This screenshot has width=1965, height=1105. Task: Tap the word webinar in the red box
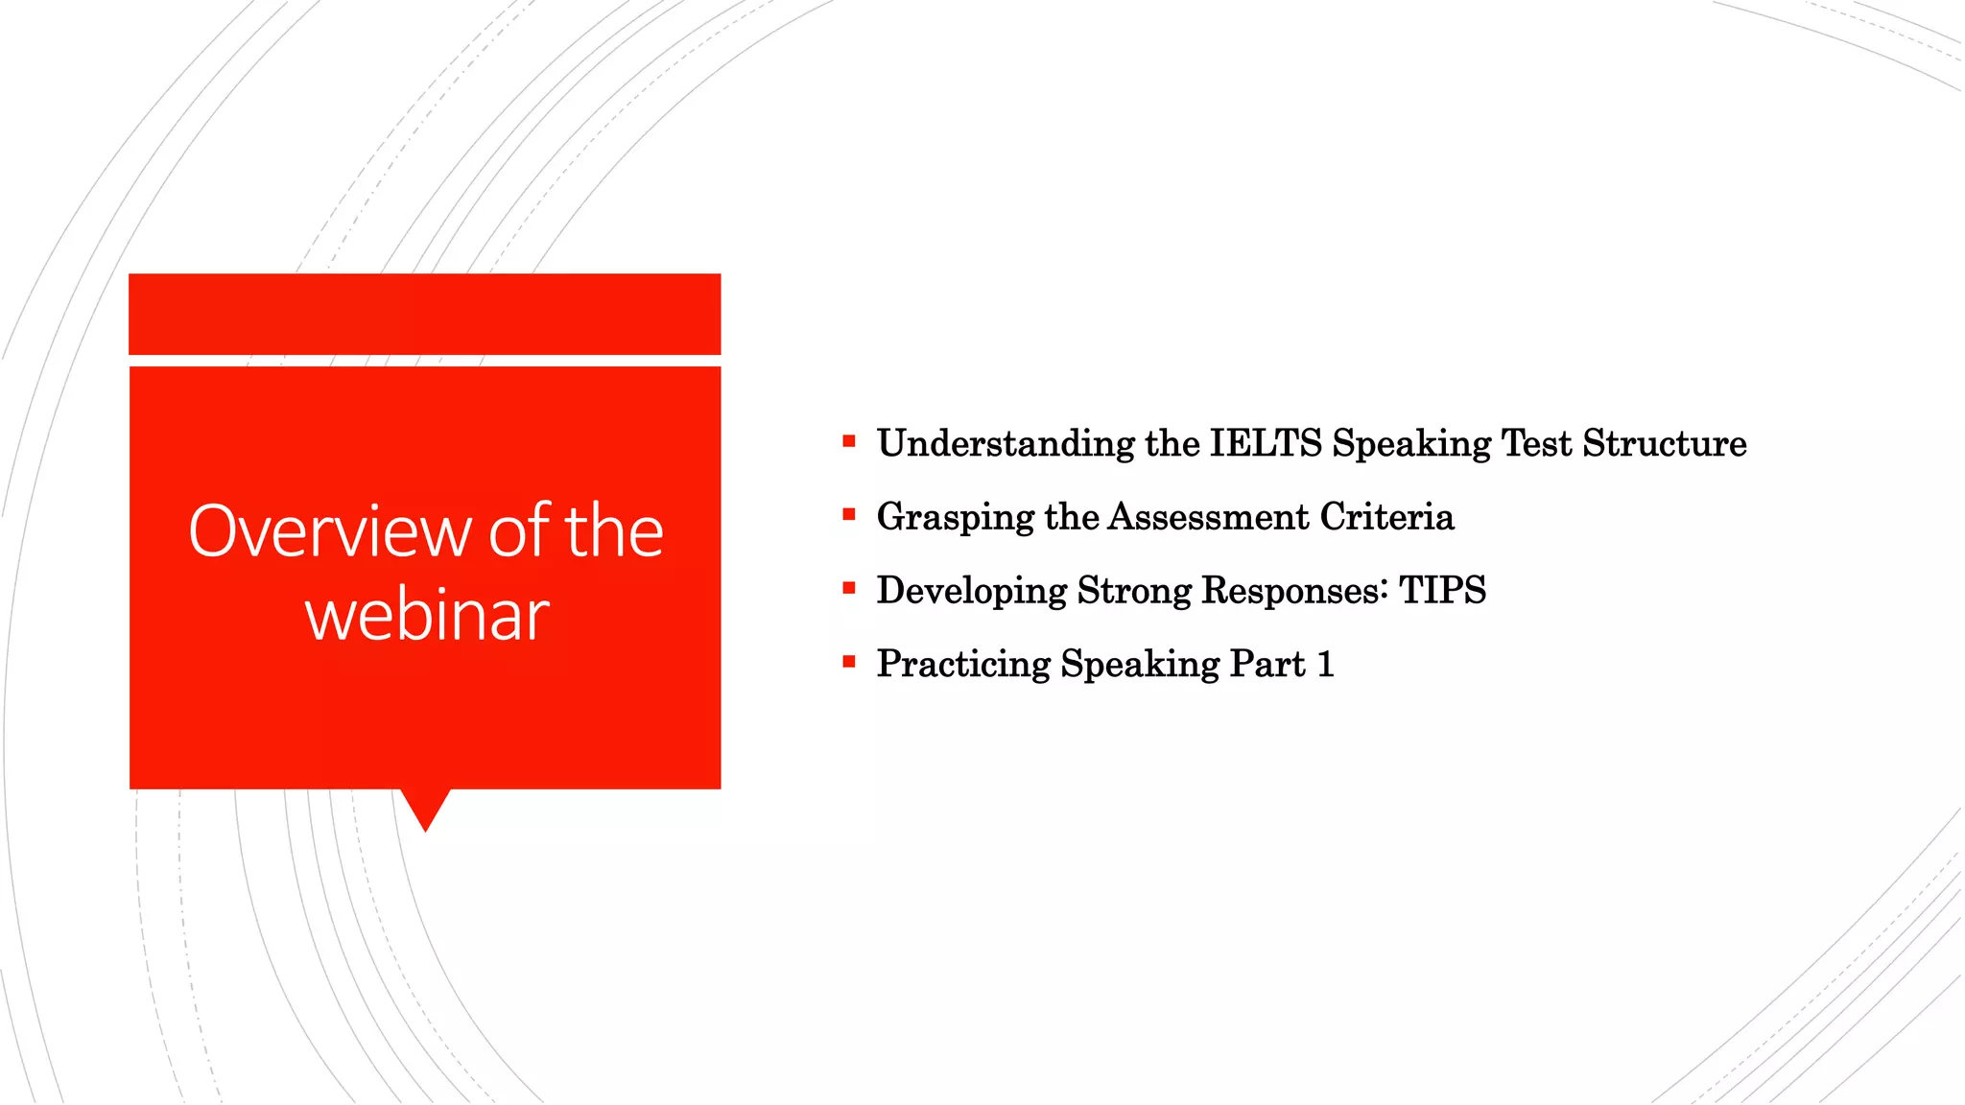pos(427,615)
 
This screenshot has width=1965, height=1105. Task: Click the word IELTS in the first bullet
pos(1266,443)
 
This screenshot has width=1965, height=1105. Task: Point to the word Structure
pos(1664,443)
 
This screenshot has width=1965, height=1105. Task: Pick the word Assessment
pos(1208,517)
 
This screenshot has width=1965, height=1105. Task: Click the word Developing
pos(971,591)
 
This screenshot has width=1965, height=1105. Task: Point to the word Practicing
pos(963,664)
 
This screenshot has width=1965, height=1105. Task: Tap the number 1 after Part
pos(1326,664)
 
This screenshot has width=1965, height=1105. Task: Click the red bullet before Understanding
pos(848,441)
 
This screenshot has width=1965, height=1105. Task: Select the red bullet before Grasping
pos(848,515)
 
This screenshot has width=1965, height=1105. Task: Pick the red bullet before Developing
pos(848,588)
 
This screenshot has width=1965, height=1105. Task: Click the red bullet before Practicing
pos(848,662)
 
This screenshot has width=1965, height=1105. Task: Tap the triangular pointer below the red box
pos(425,808)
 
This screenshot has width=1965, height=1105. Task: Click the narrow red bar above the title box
pos(424,314)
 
